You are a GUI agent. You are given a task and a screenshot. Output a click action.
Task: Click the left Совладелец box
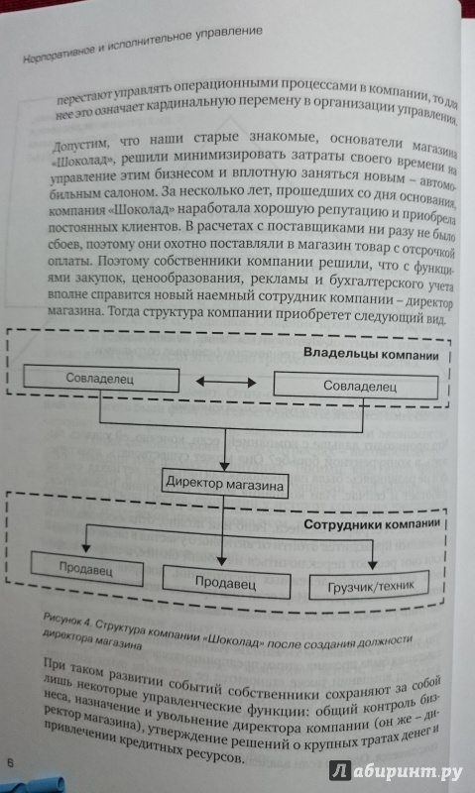point(101,379)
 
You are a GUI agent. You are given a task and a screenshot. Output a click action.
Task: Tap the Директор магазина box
point(226,484)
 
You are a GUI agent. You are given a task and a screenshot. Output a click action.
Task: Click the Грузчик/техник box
point(369,585)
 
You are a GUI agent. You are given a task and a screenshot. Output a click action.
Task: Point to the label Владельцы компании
point(371,355)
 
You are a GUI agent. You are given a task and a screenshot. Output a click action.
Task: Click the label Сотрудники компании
point(373,524)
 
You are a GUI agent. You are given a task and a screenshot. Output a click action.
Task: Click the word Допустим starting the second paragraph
point(80,144)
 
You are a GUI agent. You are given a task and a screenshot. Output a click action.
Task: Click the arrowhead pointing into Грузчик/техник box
point(372,567)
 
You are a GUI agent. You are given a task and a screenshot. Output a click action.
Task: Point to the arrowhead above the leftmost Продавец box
point(86,547)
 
